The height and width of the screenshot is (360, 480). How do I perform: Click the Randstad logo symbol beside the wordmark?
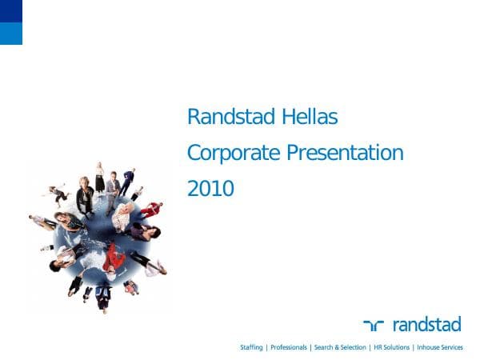click(374, 325)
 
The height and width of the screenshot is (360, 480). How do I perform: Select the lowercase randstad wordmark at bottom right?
click(426, 324)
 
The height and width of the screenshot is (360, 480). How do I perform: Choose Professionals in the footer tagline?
click(289, 347)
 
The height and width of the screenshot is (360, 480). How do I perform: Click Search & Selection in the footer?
click(339, 347)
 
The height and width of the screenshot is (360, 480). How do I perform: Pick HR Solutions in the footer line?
click(391, 347)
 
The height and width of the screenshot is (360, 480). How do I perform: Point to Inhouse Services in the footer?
click(439, 347)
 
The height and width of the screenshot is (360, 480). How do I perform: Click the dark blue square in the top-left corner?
click(11, 10)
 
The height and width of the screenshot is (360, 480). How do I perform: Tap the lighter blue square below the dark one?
click(11, 33)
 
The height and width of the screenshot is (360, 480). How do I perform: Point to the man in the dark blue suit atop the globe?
click(127, 181)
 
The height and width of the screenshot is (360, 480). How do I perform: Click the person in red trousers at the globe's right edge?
click(150, 210)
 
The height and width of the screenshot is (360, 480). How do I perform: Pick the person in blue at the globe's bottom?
click(102, 296)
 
